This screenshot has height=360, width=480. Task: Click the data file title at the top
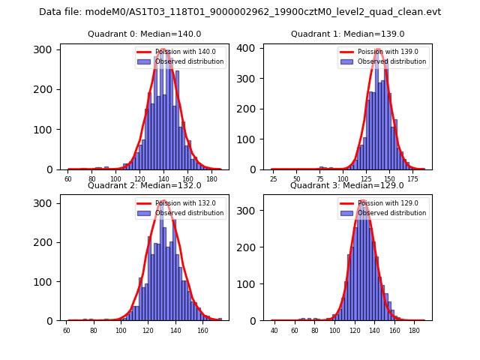[240, 12]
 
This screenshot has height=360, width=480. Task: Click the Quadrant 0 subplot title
[145, 34]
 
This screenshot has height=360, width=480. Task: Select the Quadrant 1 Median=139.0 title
[348, 34]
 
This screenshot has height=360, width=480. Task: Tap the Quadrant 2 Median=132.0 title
[145, 185]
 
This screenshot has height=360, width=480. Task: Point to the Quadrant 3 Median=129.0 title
[348, 185]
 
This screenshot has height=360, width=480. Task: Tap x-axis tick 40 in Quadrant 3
[274, 331]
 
